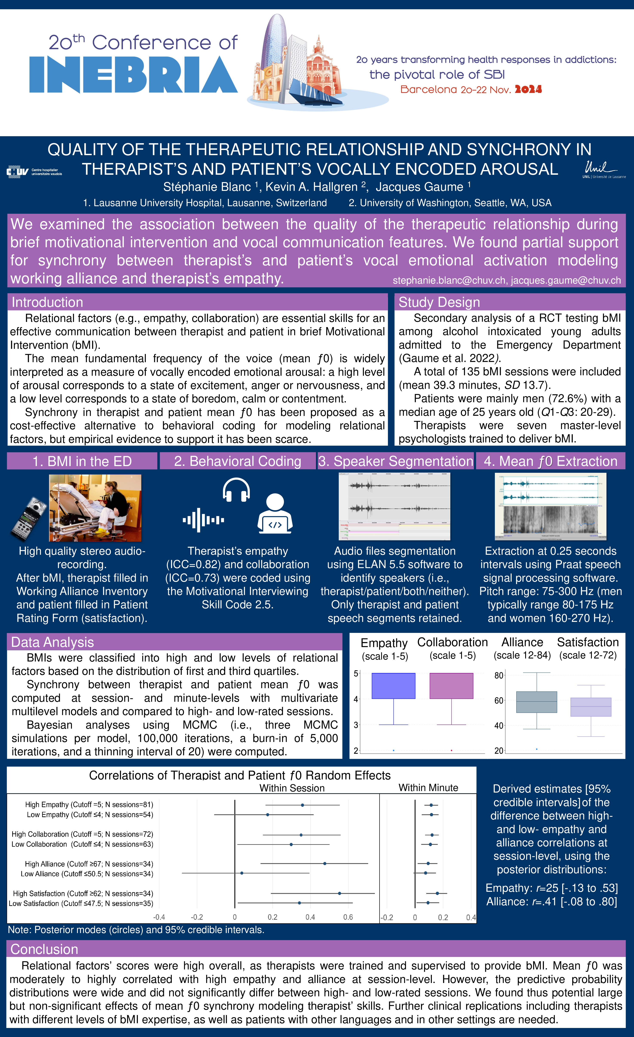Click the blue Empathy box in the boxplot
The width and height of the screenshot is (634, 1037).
[x=393, y=686]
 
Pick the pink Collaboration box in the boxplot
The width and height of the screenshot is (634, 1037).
[x=451, y=686]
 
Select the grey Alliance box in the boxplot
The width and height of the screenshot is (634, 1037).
[x=536, y=702]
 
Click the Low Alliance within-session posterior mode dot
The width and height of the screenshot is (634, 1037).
[x=242, y=873]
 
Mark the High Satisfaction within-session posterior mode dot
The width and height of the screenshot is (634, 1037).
[x=340, y=893]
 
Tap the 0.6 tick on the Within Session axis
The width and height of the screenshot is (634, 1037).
[x=348, y=917]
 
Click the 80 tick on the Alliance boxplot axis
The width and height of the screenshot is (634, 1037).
[x=499, y=675]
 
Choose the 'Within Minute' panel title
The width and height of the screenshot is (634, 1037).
[x=428, y=787]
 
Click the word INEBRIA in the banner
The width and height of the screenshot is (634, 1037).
[x=133, y=75]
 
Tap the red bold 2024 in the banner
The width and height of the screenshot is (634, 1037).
[x=528, y=89]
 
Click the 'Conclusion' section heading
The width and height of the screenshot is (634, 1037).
[x=44, y=949]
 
